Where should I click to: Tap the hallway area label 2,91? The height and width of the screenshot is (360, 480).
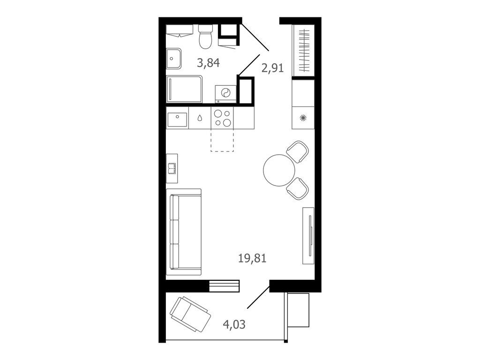pyautogui.click(x=272, y=68)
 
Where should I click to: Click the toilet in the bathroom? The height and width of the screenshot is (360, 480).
pyautogui.click(x=206, y=37)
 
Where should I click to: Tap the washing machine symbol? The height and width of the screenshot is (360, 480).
pyautogui.click(x=225, y=93)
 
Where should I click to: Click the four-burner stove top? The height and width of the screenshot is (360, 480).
pyautogui.click(x=223, y=118)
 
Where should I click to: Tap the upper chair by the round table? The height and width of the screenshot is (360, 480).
pyautogui.click(x=298, y=151)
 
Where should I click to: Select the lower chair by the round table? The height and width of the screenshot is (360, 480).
pyautogui.click(x=298, y=188)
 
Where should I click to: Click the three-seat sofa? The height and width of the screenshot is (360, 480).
pyautogui.click(x=184, y=232)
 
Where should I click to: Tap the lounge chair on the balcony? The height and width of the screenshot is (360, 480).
pyautogui.click(x=190, y=314)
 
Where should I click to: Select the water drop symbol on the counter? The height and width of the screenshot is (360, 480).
pyautogui.click(x=200, y=118)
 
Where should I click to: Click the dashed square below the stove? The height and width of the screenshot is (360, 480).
pyautogui.click(x=222, y=141)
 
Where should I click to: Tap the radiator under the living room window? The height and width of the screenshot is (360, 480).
pyautogui.click(x=224, y=285)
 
